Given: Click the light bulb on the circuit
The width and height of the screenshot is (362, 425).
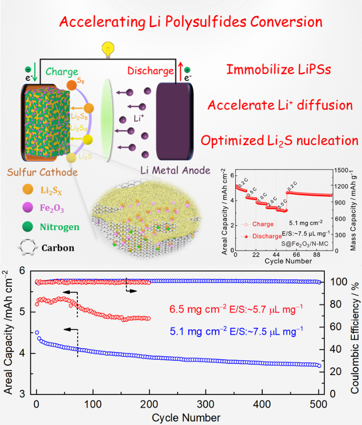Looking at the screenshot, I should [107, 49].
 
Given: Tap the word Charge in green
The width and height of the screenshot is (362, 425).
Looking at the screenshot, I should [62, 72].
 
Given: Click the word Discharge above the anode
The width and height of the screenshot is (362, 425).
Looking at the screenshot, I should [151, 71].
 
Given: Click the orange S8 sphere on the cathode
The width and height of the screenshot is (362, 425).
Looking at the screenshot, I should [71, 84].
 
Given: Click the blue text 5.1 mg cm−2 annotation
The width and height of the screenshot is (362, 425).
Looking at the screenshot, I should [242, 331].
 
